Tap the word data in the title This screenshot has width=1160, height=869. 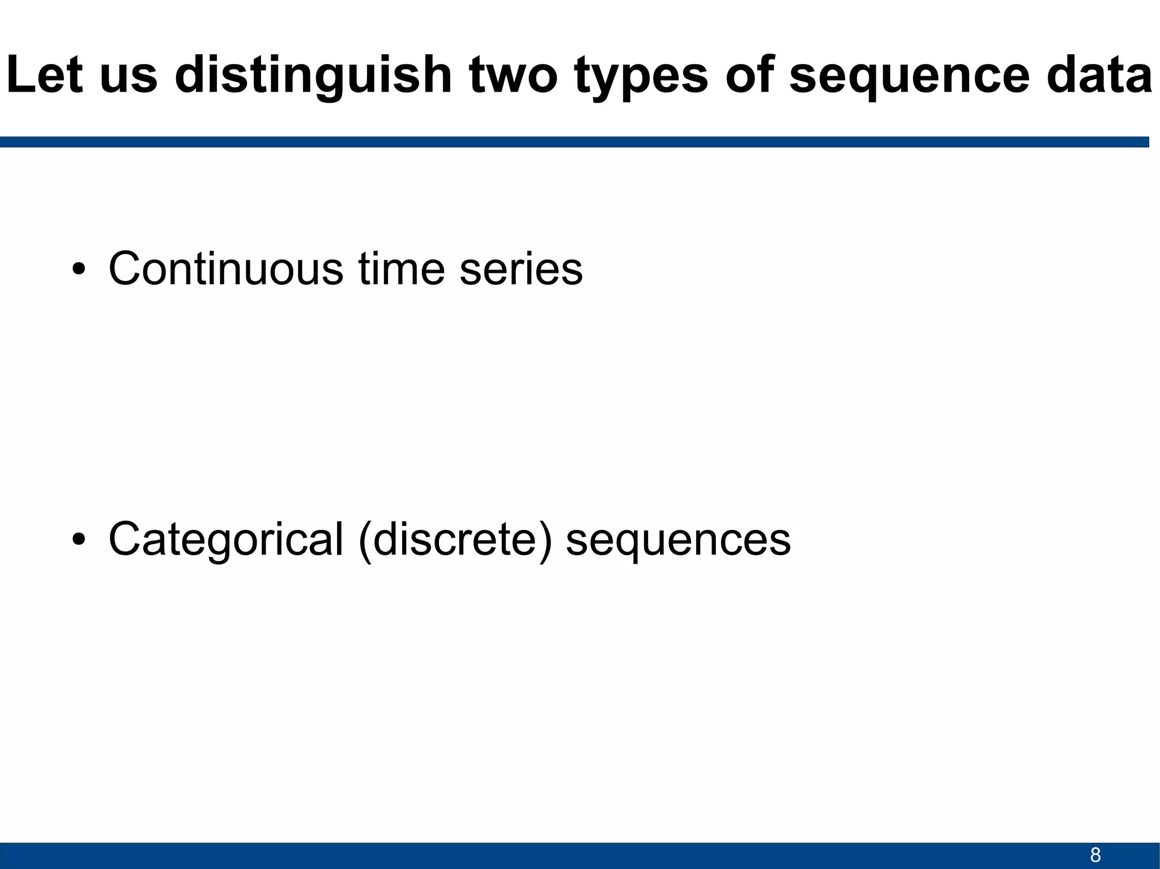tap(1099, 75)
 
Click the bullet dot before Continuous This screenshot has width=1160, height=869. tap(79, 269)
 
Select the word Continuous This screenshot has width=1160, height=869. tap(225, 268)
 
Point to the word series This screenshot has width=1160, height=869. tap(521, 269)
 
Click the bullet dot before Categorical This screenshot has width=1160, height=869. tap(79, 540)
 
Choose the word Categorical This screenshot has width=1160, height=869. tap(225, 540)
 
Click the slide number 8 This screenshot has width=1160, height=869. tap(1095, 855)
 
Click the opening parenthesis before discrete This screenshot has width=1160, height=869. tap(365, 541)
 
